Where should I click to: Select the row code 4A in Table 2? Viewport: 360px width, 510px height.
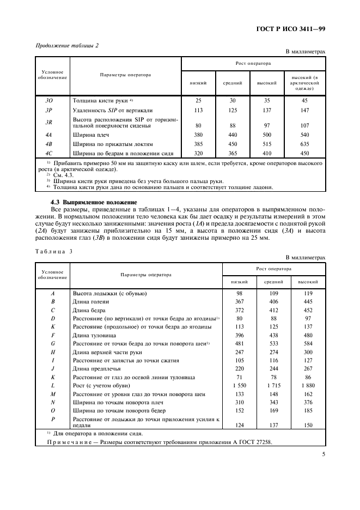(48, 135)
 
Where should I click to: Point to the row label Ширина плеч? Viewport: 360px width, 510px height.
(90, 135)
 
